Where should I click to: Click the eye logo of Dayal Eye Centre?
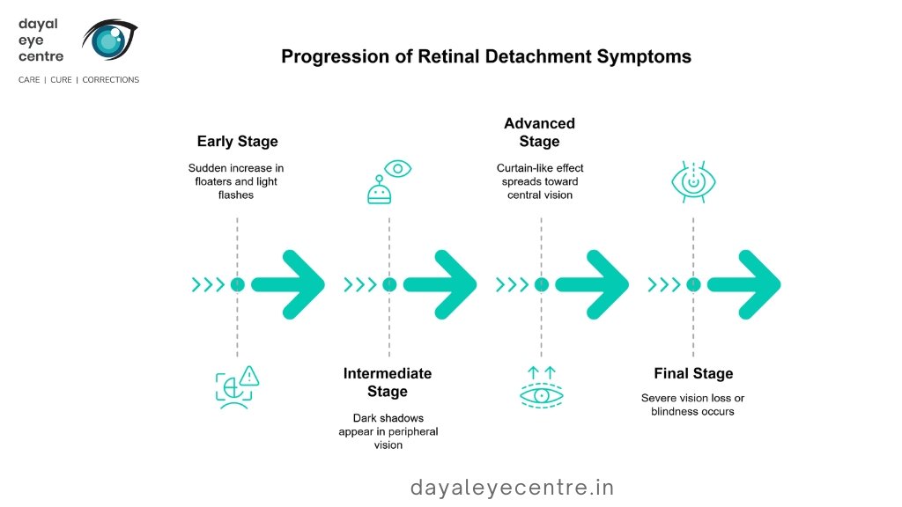[x=109, y=40]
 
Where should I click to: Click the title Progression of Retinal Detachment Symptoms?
[x=485, y=56]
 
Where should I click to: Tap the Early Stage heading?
[x=237, y=142]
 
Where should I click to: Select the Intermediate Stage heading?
[x=388, y=382]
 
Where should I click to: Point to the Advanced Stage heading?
[x=539, y=132]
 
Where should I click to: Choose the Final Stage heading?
[x=693, y=373]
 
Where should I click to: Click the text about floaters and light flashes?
[x=236, y=181]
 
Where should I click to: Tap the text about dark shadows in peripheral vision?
[x=388, y=431]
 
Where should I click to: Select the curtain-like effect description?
[x=540, y=181]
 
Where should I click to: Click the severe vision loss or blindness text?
[x=692, y=405]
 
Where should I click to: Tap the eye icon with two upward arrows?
[x=541, y=386]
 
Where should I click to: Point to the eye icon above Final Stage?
[x=693, y=182]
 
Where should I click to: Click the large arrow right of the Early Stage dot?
[x=290, y=284]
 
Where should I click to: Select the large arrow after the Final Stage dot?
[x=745, y=284]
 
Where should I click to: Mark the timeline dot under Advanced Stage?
[x=541, y=284]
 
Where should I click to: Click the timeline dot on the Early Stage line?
[x=237, y=284]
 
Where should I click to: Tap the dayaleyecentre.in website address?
[x=512, y=487]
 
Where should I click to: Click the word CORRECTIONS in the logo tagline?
[x=111, y=80]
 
